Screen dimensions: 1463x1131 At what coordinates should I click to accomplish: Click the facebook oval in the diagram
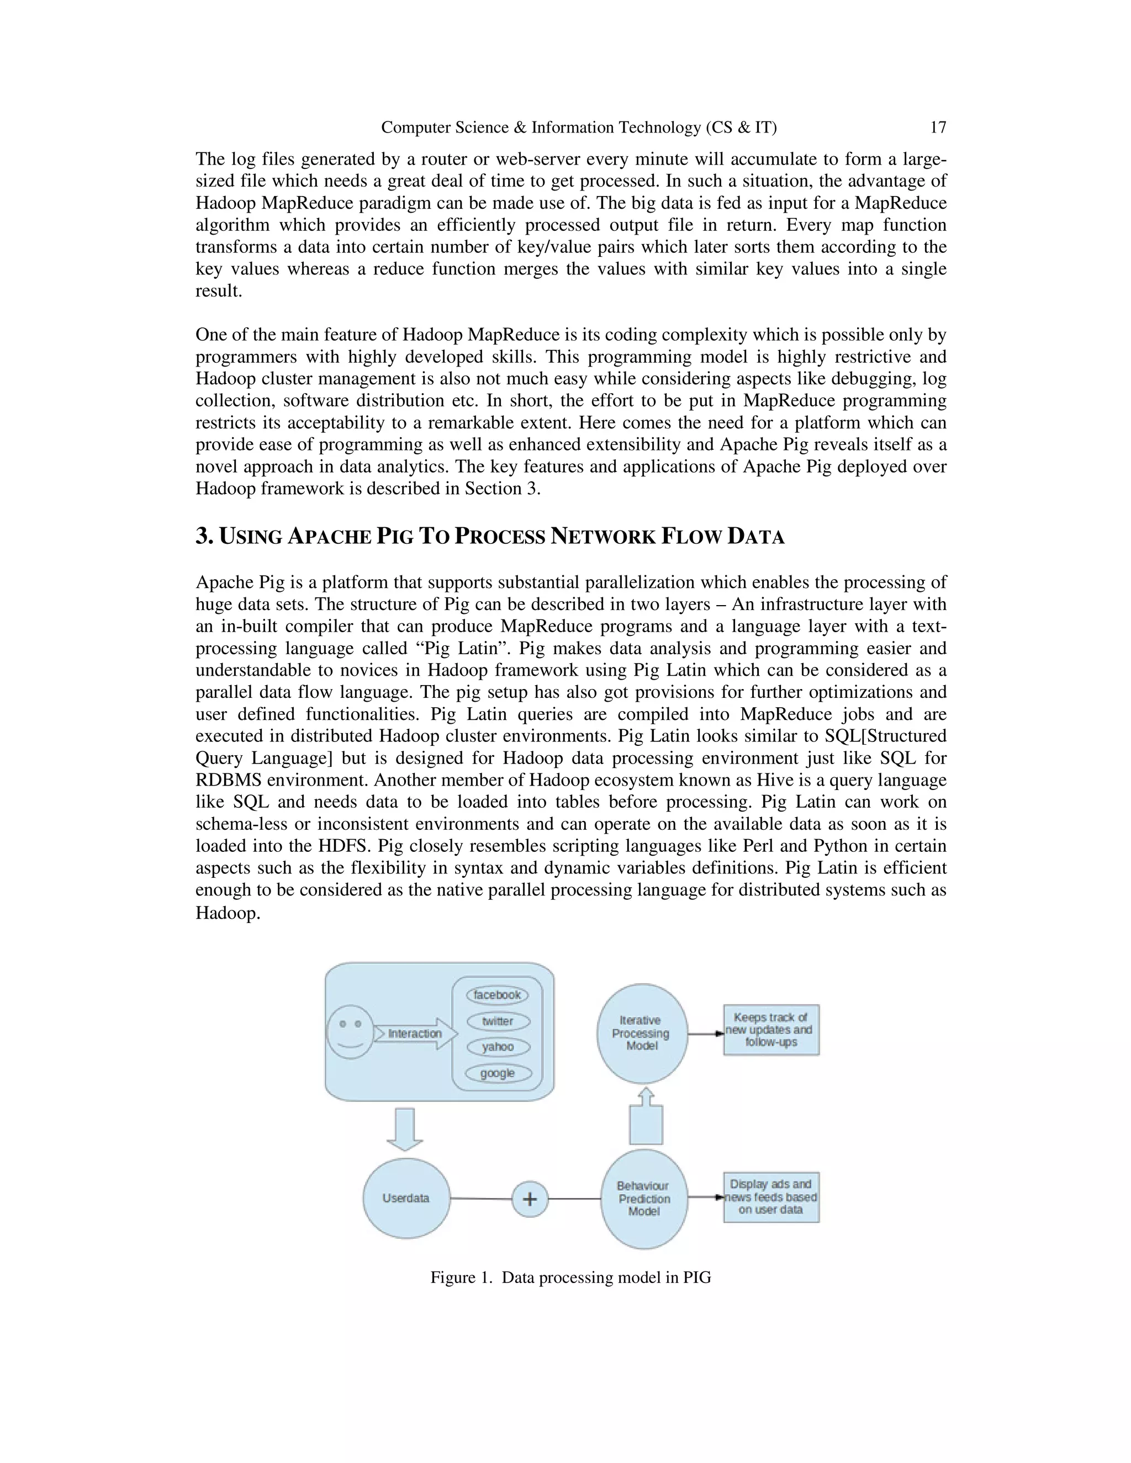[497, 995]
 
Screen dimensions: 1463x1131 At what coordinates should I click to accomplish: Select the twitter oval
[498, 1021]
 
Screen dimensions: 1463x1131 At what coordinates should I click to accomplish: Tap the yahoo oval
[498, 1047]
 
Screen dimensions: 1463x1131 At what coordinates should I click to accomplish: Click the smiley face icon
[349, 1032]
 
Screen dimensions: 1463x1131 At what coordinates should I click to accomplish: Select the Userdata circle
[406, 1198]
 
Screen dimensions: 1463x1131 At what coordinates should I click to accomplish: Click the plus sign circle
[529, 1199]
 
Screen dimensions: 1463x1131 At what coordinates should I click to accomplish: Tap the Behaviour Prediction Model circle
[644, 1199]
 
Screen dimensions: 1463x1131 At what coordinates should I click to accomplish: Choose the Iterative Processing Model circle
[641, 1033]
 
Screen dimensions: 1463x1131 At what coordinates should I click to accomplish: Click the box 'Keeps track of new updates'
[770, 1030]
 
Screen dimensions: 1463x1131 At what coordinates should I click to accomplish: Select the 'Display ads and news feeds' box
[770, 1197]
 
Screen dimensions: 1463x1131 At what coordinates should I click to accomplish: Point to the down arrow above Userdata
[405, 1129]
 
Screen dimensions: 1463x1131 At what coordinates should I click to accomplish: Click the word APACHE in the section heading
[329, 537]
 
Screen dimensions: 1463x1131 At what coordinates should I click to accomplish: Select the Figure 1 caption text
[570, 1278]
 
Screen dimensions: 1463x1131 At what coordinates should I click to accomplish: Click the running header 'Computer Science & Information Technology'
[578, 128]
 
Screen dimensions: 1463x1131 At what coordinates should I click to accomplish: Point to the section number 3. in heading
[204, 536]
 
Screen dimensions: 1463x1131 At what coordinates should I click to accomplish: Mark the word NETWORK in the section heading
[603, 537]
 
